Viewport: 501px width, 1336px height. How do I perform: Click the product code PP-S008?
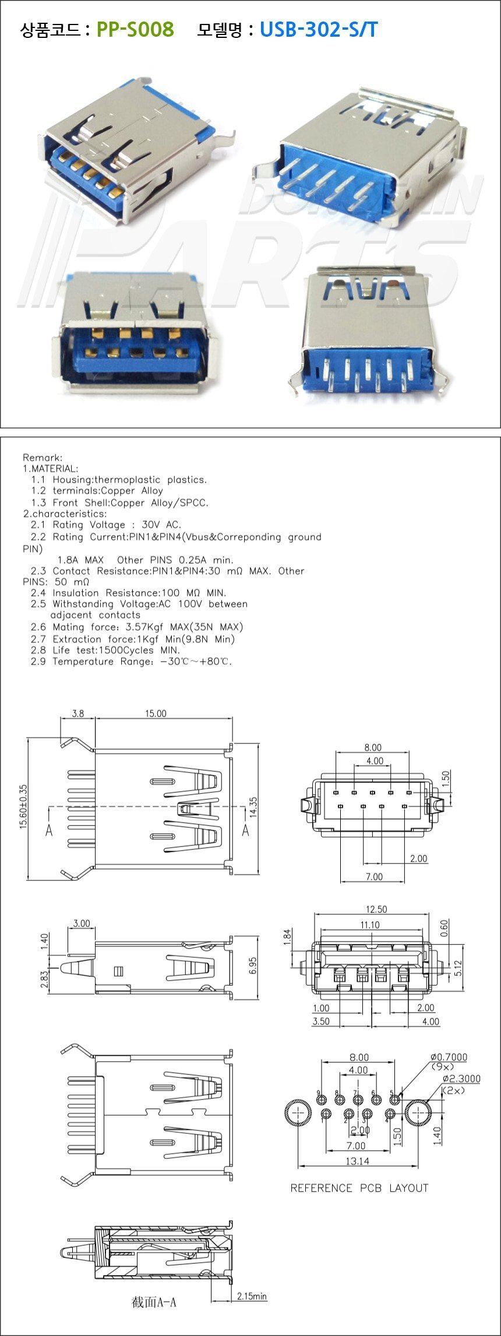point(135,29)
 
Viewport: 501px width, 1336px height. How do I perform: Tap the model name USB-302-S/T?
point(319,29)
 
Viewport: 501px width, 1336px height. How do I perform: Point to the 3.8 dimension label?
point(77,713)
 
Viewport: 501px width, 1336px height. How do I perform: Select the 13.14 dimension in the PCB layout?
point(357,1161)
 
